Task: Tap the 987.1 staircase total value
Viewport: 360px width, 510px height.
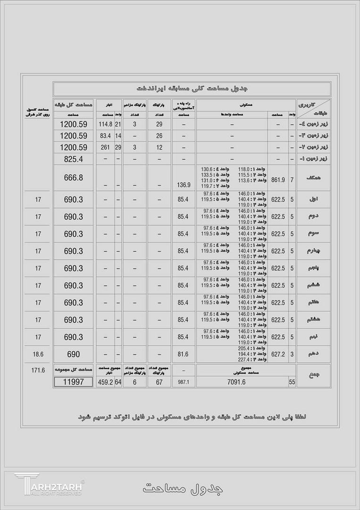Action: pyautogui.click(x=183, y=382)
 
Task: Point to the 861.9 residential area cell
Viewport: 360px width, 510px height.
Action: pyautogui.click(x=278, y=180)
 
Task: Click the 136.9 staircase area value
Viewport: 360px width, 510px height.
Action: pyautogui.click(x=183, y=185)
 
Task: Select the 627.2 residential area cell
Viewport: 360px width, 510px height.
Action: pyautogui.click(x=278, y=354)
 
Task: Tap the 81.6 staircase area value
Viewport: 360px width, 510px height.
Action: pyautogui.click(x=183, y=354)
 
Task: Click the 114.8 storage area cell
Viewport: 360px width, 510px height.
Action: pyautogui.click(x=105, y=125)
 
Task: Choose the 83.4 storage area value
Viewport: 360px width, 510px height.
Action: pyautogui.click(x=105, y=136)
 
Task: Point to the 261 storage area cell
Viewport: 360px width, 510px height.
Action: pyautogui.click(x=105, y=147)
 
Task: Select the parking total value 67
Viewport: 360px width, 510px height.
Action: pyautogui.click(x=159, y=382)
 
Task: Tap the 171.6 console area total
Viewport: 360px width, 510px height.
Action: pyautogui.click(x=38, y=371)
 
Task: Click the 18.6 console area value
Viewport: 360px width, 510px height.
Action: pyautogui.click(x=38, y=354)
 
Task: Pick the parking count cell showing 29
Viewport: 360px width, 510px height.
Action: pyautogui.click(x=159, y=125)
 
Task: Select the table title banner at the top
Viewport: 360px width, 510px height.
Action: pyautogui.click(x=192, y=89)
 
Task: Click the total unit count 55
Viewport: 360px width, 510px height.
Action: pyautogui.click(x=292, y=382)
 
